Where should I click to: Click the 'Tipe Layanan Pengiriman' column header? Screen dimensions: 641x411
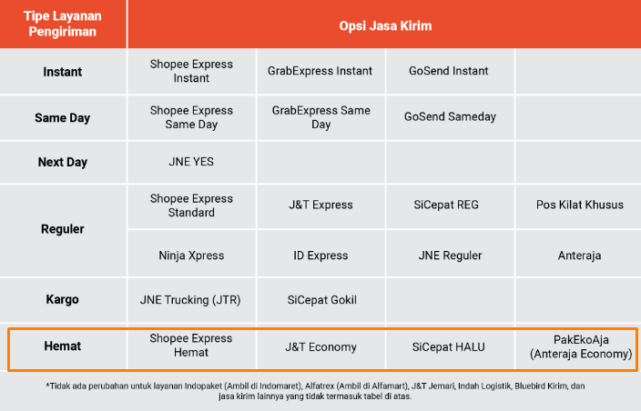pos(63,24)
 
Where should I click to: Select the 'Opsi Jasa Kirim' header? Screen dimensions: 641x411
pos(385,25)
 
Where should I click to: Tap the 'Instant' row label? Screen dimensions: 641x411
pos(63,72)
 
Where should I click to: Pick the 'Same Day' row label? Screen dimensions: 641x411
pos(63,118)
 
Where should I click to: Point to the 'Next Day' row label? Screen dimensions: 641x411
pos(63,162)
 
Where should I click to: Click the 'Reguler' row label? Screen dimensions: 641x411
pos(63,229)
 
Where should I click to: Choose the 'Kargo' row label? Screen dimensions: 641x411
pos(63,299)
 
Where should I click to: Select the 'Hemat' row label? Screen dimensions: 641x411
pos(63,346)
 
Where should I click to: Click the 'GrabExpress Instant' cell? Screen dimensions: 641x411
pos(320,71)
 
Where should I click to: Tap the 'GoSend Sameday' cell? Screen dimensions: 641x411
pos(450,116)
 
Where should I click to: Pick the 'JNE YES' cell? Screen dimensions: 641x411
pos(191,162)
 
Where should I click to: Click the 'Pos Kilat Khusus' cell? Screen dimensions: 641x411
pos(580,205)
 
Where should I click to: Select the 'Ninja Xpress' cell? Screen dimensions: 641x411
pos(191,256)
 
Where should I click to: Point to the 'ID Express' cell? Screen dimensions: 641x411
pos(320,256)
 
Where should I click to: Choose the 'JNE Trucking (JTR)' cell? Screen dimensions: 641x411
pos(190,300)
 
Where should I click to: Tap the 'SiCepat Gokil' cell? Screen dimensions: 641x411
pos(322,300)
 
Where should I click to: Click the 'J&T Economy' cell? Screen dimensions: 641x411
pos(320,347)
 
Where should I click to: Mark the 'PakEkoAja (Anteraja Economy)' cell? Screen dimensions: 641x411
pos(581,346)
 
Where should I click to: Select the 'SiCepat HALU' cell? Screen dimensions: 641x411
pos(449,347)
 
